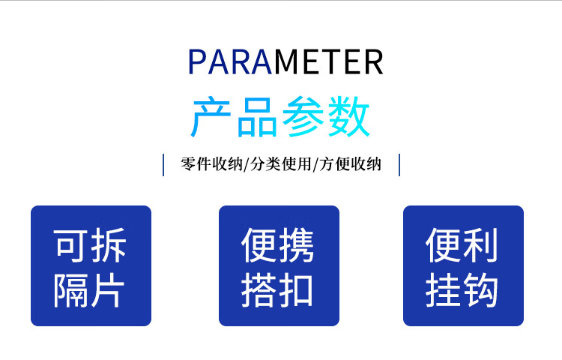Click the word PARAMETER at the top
[x=285, y=62]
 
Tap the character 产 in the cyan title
[x=211, y=117]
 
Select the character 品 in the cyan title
[x=256, y=117]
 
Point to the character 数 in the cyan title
[x=348, y=117]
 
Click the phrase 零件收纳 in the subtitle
[x=211, y=164]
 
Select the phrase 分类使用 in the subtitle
[x=281, y=164]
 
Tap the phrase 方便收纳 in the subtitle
[x=350, y=164]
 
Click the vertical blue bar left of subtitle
[x=163, y=165]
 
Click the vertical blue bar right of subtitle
[x=399, y=165]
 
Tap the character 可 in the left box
[x=70, y=245]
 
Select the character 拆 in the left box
[x=109, y=245]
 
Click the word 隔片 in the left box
[x=89, y=289]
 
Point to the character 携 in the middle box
[x=297, y=245]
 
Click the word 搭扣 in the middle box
[x=277, y=289]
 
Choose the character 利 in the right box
[x=480, y=245]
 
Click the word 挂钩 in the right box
[x=462, y=289]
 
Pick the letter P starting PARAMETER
[x=196, y=62]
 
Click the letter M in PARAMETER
[x=287, y=62]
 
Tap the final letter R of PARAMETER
[x=374, y=62]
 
